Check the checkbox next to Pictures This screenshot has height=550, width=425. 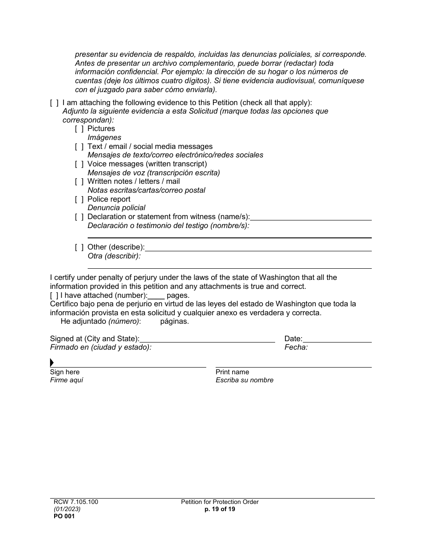tap(79, 129)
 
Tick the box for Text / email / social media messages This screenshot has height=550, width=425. tap(79, 147)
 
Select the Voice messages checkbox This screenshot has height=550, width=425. tap(79, 164)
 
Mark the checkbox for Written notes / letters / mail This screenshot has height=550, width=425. tap(79, 182)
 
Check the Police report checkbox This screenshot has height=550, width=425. tap(79, 199)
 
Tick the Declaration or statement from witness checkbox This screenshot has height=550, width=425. tap(79, 217)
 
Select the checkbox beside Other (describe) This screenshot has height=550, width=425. tap(79, 247)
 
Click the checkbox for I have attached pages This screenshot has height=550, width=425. tap(54, 296)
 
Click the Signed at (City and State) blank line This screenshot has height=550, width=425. tap(207, 339)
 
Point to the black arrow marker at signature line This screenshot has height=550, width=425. tap(52, 363)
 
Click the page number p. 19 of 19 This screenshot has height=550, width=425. tap(220, 509)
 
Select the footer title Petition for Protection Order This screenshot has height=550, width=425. tap(220, 502)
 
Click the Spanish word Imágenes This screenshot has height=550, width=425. tap(104, 138)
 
